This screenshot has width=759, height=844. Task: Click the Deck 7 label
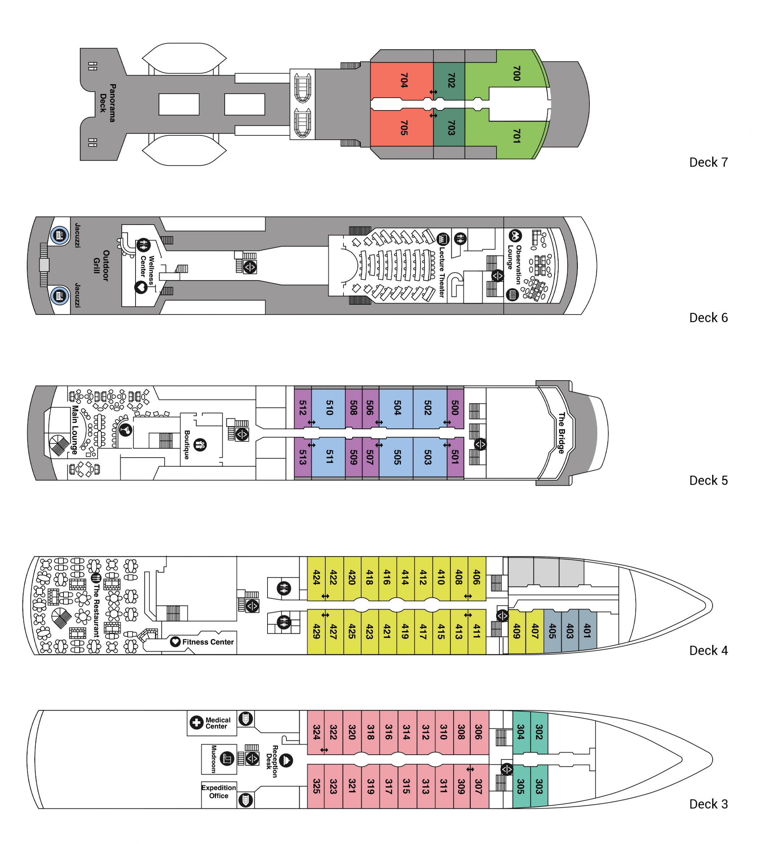point(708,163)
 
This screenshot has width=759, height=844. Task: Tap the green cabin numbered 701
point(516,136)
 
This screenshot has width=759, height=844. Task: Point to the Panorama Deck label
point(107,103)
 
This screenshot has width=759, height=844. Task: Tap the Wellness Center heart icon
point(141,287)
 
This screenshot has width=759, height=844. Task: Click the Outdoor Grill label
point(101,265)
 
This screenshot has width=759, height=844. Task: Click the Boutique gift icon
point(200,445)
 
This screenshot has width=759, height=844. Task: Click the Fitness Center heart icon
point(175,642)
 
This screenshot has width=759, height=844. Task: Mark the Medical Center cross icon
point(196,722)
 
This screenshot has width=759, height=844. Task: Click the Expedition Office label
point(218,792)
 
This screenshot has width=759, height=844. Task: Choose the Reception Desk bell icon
point(286,761)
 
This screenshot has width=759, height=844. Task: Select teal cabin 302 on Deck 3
point(539,732)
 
